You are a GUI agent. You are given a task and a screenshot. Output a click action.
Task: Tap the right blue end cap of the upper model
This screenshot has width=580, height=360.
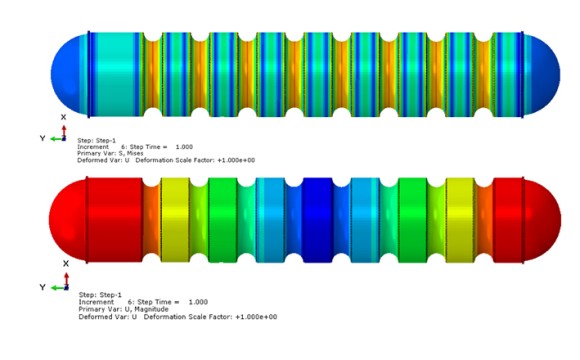[x=542, y=74]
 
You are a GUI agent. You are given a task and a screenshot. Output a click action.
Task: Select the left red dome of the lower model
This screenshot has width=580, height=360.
[x=68, y=221]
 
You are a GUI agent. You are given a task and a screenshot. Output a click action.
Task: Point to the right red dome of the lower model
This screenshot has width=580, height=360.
[x=542, y=221]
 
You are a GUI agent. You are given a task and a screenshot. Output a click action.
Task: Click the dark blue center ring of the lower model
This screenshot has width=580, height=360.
[x=317, y=221]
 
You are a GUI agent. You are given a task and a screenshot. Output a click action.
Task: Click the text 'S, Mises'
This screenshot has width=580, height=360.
[x=131, y=153]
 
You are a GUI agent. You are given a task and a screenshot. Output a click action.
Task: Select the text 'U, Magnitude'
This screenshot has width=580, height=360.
[x=149, y=309]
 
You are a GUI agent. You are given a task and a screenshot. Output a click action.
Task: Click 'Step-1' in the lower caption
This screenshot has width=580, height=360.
[x=111, y=295]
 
